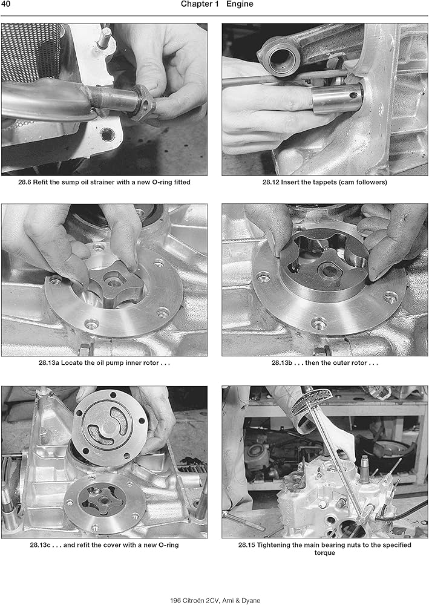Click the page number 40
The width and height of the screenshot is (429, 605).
(x=7, y=5)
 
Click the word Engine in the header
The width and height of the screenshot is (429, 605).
(x=240, y=5)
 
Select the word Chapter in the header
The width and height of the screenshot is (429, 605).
(x=197, y=5)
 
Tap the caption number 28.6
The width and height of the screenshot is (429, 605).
(x=27, y=183)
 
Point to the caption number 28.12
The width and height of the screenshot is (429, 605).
(x=273, y=183)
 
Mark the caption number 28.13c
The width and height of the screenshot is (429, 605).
(x=41, y=545)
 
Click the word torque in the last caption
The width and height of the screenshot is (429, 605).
(x=324, y=553)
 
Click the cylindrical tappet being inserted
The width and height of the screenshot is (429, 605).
(x=336, y=99)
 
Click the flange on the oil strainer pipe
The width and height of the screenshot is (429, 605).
(x=144, y=105)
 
